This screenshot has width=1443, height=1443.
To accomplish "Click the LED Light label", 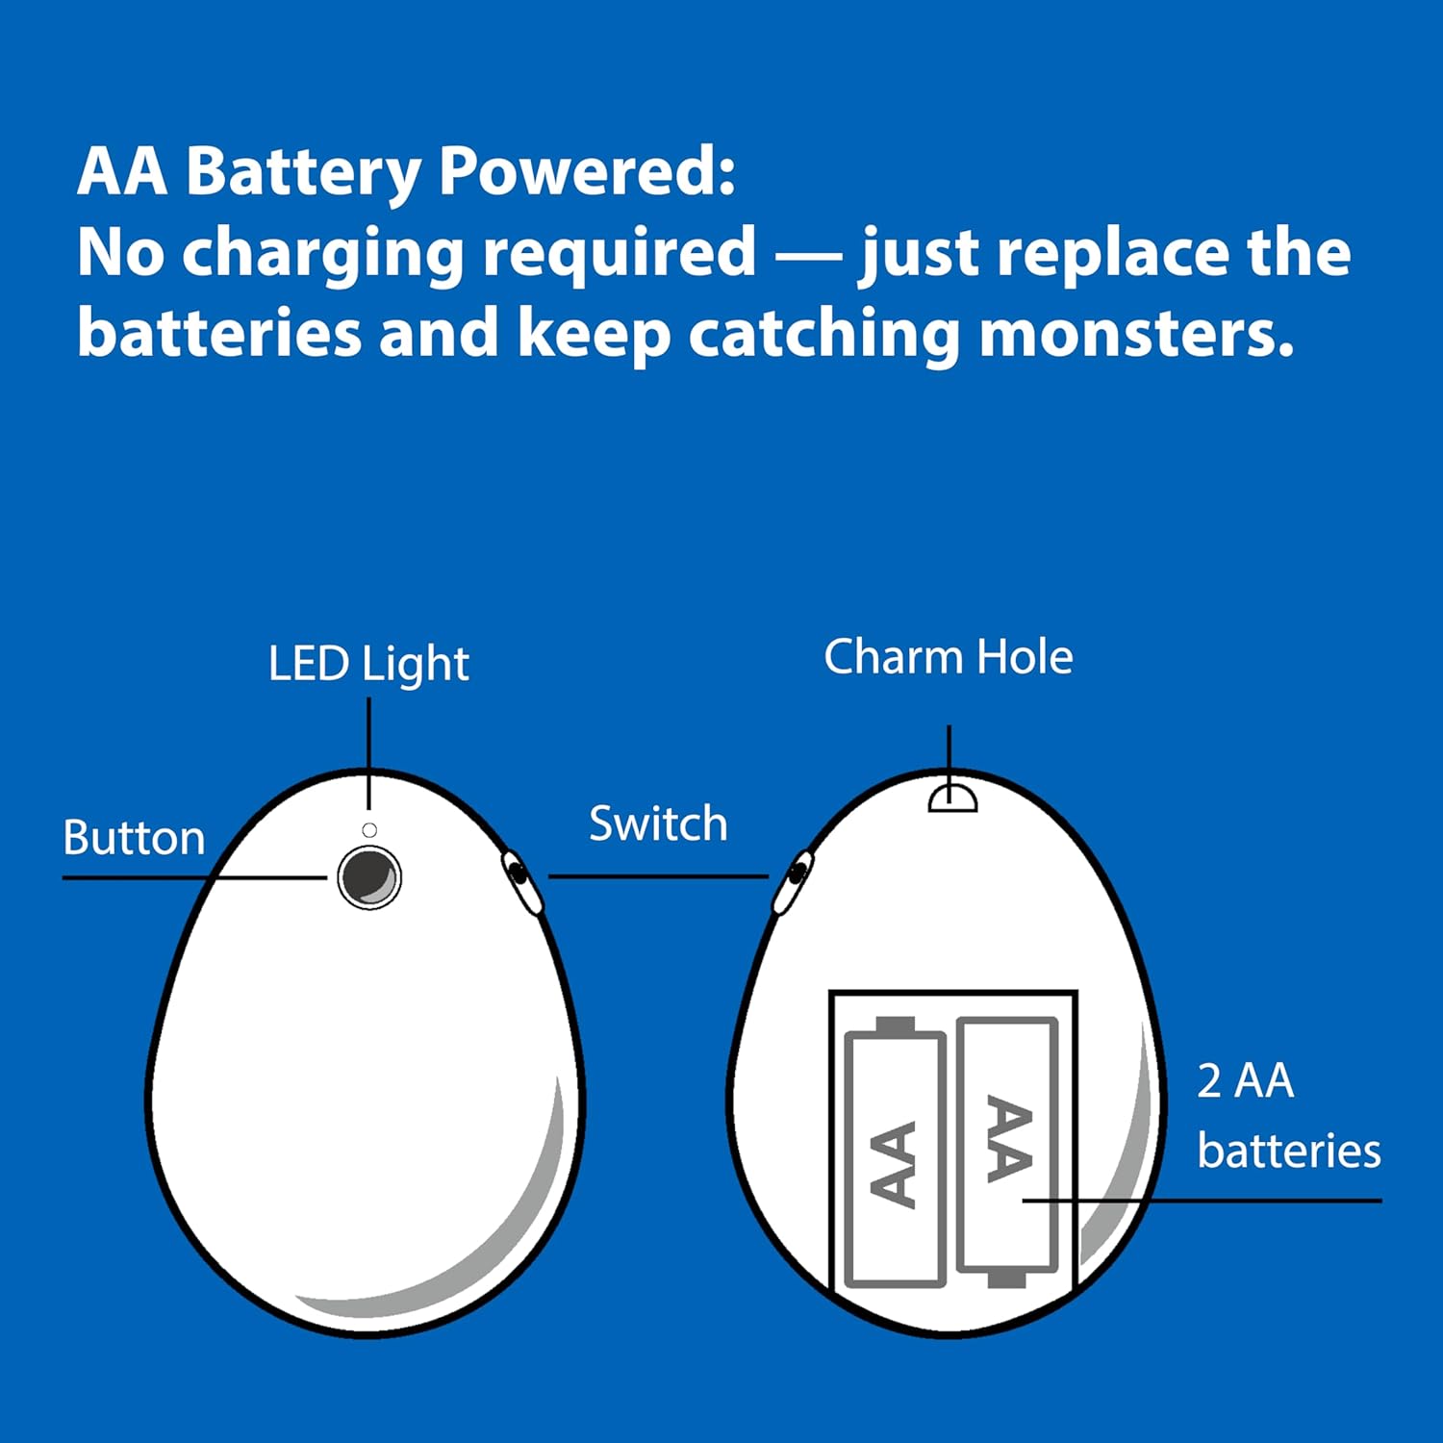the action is click(x=368, y=664).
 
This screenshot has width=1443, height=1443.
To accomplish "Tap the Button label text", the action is click(x=134, y=838).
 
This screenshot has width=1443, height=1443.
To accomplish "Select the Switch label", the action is click(x=658, y=823).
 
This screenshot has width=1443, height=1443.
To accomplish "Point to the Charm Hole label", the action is click(x=949, y=657).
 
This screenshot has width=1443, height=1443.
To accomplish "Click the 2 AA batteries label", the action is click(x=1289, y=1116).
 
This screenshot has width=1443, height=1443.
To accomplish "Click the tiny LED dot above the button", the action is click(x=369, y=830).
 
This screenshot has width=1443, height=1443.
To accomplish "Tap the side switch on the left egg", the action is click(x=520, y=879).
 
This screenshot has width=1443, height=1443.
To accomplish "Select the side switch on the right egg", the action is click(x=794, y=879).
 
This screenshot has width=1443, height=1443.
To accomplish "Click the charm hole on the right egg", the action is click(x=952, y=797).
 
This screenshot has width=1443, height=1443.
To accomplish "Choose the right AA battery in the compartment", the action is click(x=1007, y=1152).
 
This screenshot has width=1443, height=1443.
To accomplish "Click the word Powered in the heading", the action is click(x=586, y=173).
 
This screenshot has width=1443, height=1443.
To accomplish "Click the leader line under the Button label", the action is click(x=195, y=877).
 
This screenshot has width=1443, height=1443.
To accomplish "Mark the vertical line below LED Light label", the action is click(x=369, y=753).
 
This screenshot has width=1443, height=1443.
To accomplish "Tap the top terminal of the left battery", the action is click(x=895, y=1025).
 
